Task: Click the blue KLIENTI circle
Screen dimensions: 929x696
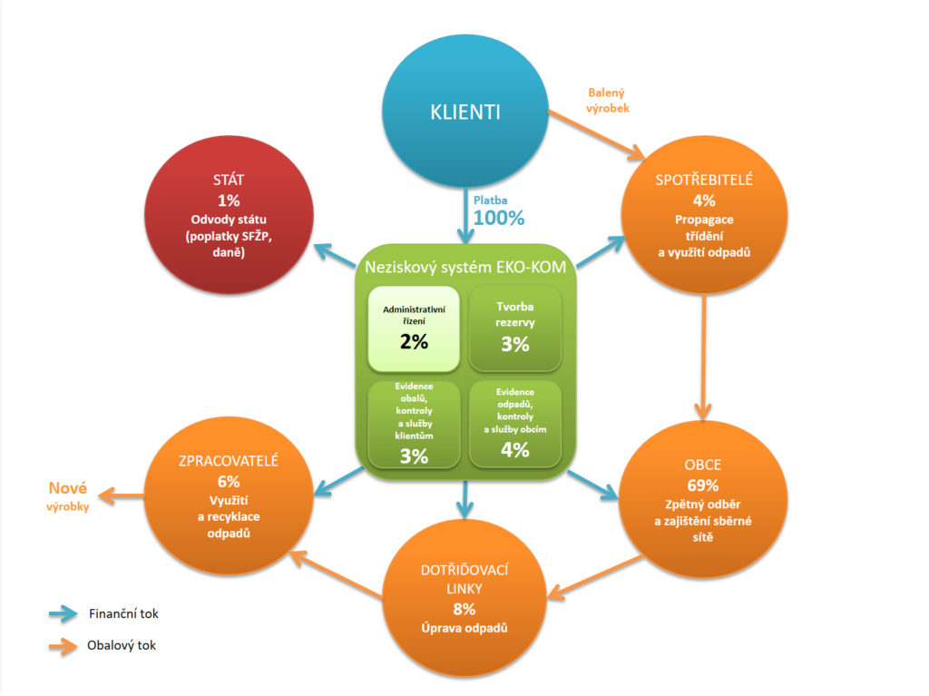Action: click(x=465, y=112)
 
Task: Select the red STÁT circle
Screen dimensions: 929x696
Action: click(x=229, y=215)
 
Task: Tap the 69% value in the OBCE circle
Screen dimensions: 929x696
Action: click(x=703, y=485)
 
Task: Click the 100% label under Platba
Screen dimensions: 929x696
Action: click(x=499, y=218)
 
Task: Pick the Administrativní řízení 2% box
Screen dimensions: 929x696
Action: click(x=414, y=329)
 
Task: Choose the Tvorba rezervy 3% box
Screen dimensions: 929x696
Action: click(x=515, y=329)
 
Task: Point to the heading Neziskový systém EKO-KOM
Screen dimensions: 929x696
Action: click(x=465, y=268)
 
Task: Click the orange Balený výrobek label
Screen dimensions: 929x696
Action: click(x=607, y=100)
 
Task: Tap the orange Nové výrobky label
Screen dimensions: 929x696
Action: click(x=68, y=496)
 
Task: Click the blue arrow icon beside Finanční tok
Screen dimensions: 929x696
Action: click(x=63, y=613)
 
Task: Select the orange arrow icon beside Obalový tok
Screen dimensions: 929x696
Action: click(x=63, y=645)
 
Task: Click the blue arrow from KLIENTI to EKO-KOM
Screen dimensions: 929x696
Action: click(x=465, y=216)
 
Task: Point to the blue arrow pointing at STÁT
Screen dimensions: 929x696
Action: click(x=335, y=255)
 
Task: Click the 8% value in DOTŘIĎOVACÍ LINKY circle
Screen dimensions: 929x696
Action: click(x=464, y=610)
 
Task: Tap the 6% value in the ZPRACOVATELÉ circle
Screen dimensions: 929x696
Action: click(x=229, y=481)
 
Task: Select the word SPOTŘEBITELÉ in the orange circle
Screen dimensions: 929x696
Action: click(x=704, y=180)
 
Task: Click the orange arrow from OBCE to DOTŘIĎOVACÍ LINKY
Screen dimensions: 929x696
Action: click(x=594, y=577)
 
